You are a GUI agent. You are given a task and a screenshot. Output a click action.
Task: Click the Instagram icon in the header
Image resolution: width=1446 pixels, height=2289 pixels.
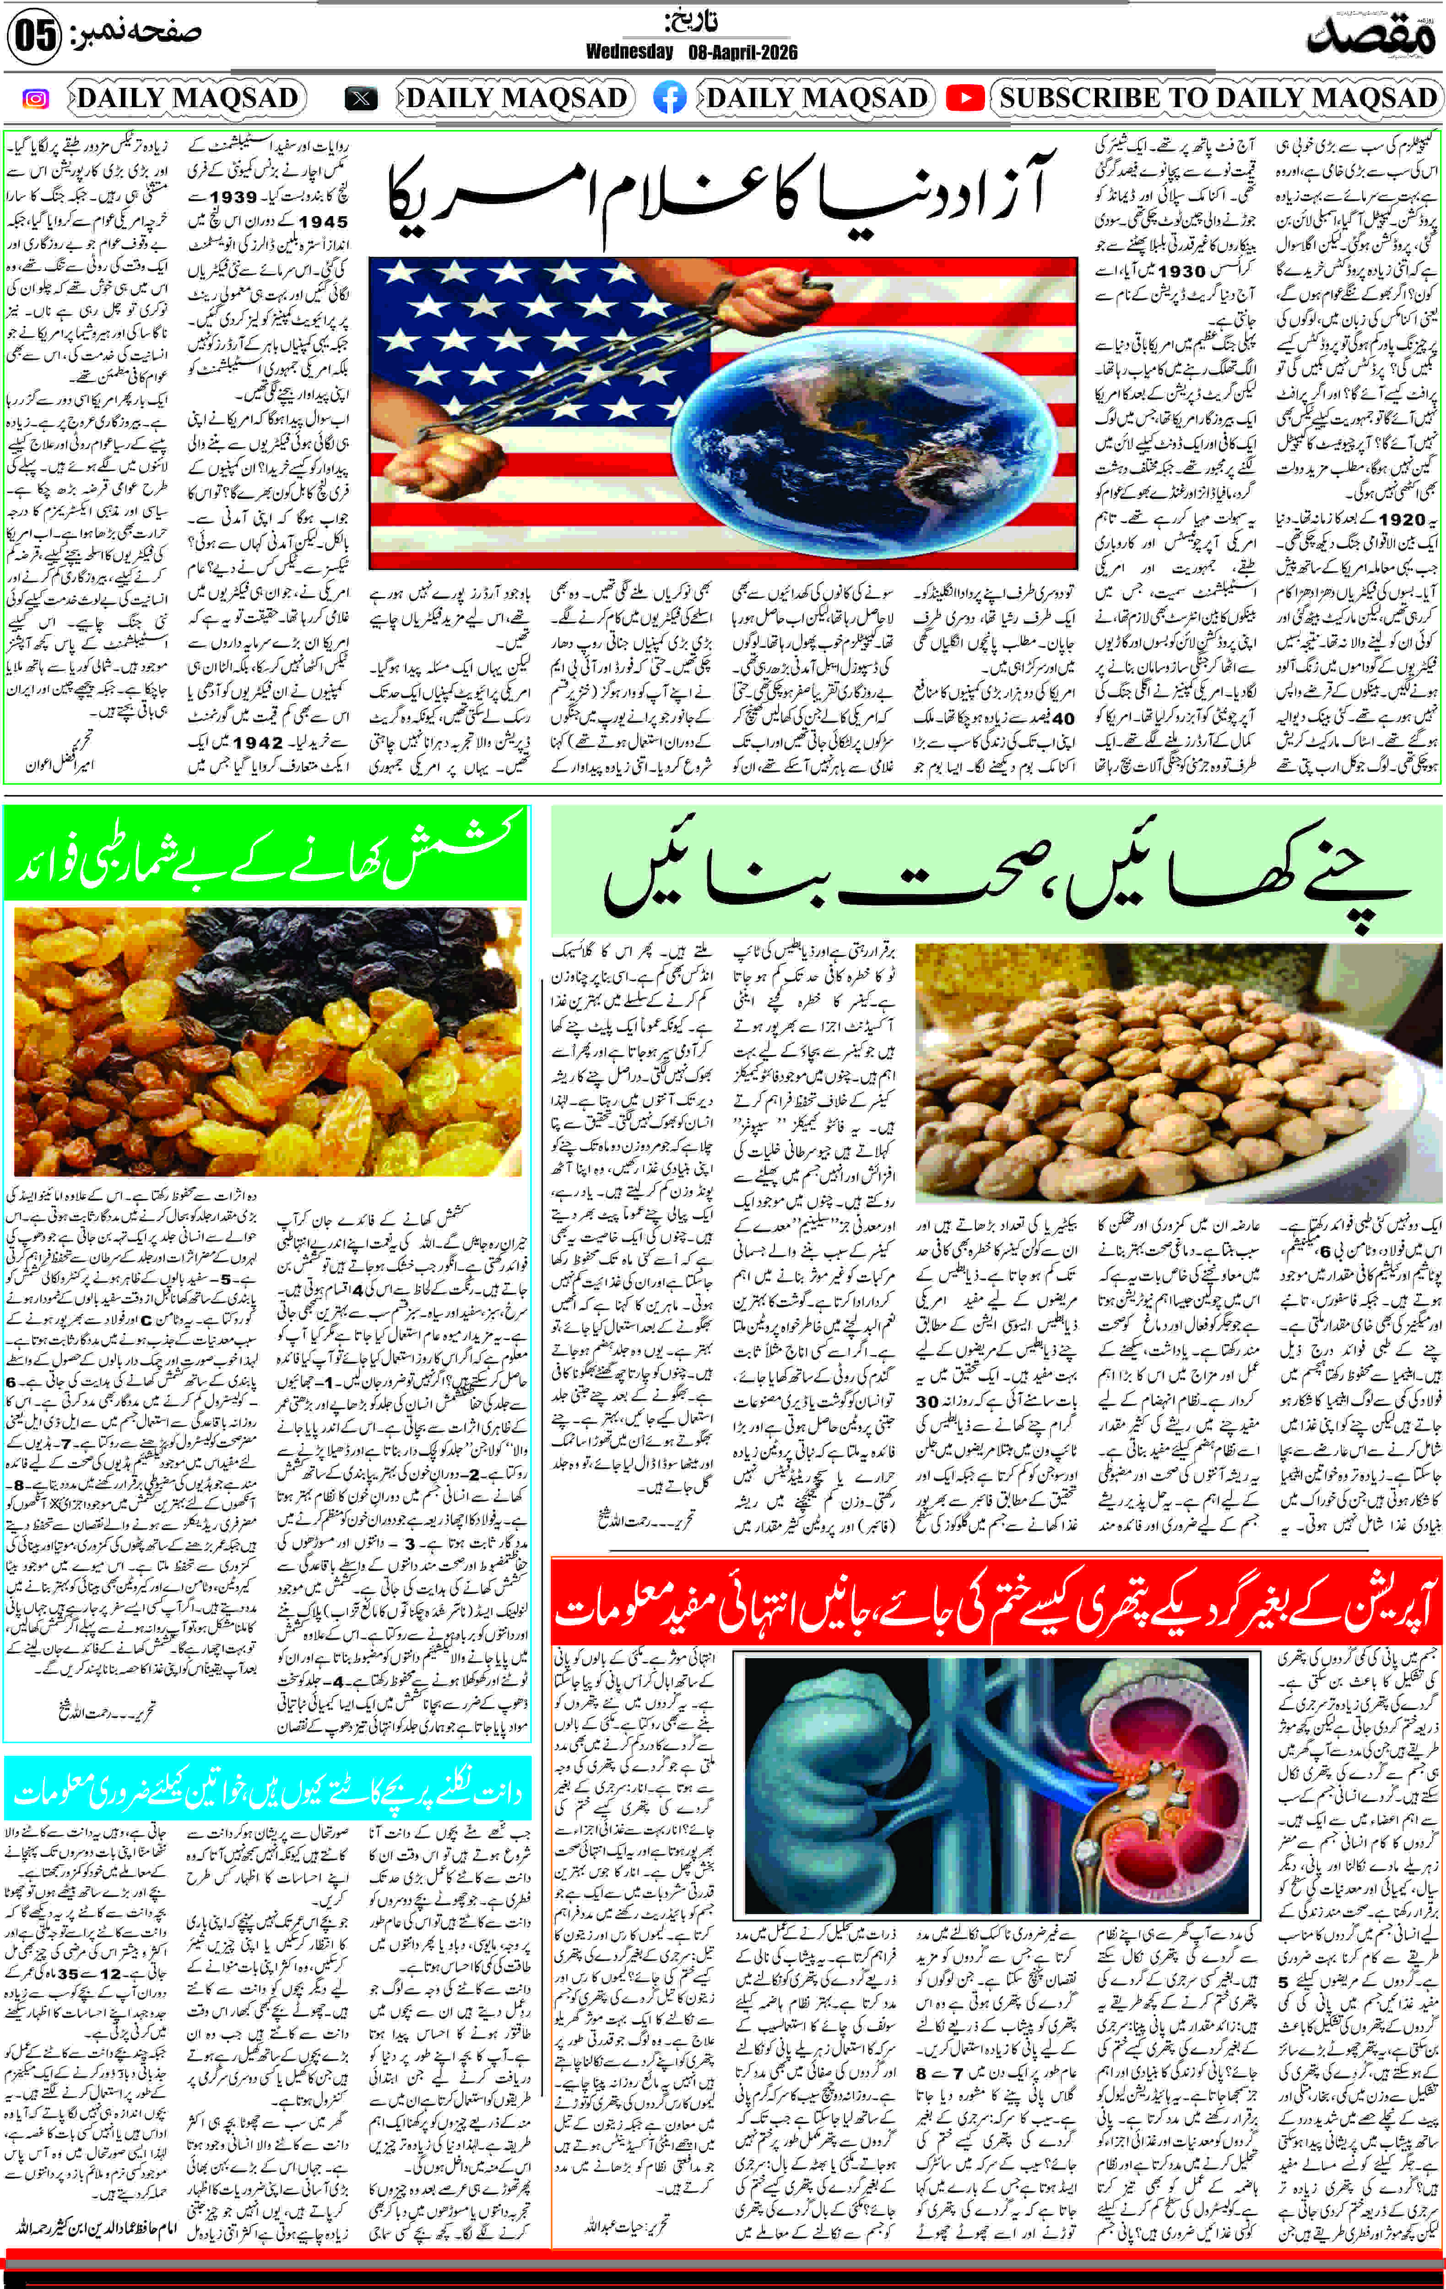point(35,98)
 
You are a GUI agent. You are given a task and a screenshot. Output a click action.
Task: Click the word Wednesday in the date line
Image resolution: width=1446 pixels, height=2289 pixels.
point(629,52)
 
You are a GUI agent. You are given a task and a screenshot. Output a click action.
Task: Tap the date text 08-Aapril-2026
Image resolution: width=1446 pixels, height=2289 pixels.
point(742,52)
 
